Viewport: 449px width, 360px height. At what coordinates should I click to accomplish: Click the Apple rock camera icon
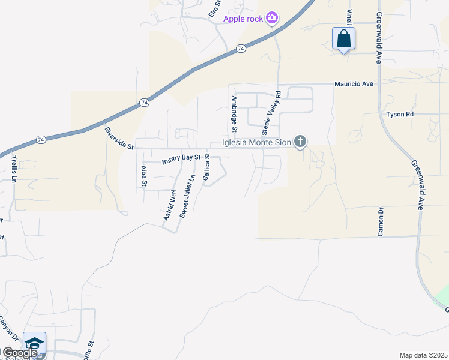click(272, 18)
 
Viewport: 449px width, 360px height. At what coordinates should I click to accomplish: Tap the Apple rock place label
click(243, 19)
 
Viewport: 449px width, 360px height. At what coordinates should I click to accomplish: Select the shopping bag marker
click(343, 39)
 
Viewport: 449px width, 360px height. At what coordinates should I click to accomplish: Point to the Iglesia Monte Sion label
click(256, 142)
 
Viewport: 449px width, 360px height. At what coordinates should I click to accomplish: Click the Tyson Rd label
click(400, 114)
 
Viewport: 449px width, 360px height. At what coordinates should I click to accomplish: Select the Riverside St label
click(118, 138)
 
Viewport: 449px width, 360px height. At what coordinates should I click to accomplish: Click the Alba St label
click(143, 176)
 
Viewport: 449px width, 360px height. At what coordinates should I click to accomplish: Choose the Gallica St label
click(206, 167)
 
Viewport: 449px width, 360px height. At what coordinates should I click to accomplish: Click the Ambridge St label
click(235, 113)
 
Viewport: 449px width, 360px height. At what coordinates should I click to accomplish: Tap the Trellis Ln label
click(13, 169)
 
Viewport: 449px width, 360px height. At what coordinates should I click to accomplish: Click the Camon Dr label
click(381, 221)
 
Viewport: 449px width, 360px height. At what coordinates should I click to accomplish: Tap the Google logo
click(19, 353)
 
